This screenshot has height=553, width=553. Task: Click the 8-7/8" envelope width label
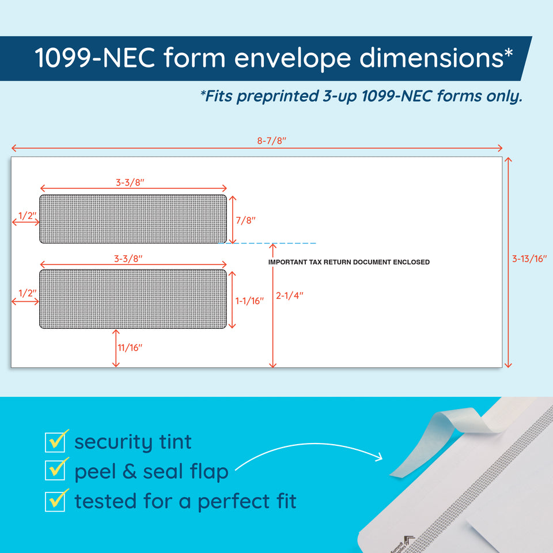pyautogui.click(x=271, y=141)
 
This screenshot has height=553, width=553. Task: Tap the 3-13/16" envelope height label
pyautogui.click(x=529, y=259)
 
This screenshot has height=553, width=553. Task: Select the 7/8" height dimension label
pyautogui.click(x=245, y=220)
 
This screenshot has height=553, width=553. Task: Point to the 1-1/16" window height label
pyautogui.click(x=249, y=301)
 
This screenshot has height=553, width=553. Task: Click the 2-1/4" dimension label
pyautogui.click(x=289, y=296)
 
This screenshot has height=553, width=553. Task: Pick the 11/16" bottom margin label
pyautogui.click(x=130, y=347)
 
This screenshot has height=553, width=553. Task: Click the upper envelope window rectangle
pyautogui.click(x=133, y=219)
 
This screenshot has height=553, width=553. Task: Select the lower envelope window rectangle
pyautogui.click(x=133, y=299)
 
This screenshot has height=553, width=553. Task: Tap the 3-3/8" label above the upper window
pyautogui.click(x=130, y=183)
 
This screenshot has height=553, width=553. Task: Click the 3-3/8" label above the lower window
pyautogui.click(x=128, y=259)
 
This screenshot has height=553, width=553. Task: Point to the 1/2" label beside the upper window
pyautogui.click(x=27, y=215)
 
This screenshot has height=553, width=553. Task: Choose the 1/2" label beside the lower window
pyautogui.click(x=27, y=293)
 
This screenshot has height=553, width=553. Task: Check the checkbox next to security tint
pyautogui.click(x=55, y=442)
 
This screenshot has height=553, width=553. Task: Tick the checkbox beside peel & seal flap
pyautogui.click(x=55, y=470)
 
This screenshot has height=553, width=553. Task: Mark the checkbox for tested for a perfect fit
pyautogui.click(x=55, y=502)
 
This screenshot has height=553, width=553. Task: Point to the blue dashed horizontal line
pyautogui.click(x=267, y=243)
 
